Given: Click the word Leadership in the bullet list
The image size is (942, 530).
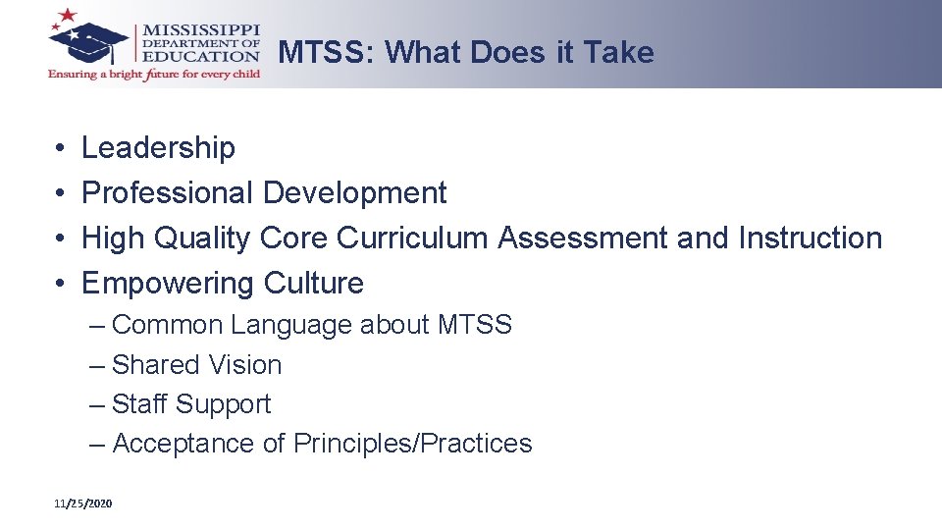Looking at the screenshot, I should click(x=158, y=148).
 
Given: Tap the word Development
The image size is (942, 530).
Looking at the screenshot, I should click(x=354, y=193).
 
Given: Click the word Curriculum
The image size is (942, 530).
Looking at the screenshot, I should click(x=413, y=238).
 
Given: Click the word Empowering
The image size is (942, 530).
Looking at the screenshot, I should click(x=154, y=284).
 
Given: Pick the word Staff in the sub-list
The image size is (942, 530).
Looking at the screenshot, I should click(x=138, y=404).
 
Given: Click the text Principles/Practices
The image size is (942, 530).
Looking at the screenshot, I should click(x=412, y=444).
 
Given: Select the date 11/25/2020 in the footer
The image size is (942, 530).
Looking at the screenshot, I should click(x=83, y=503).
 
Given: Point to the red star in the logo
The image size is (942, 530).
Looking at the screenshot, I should click(x=68, y=15).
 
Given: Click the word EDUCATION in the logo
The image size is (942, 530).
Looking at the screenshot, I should click(x=202, y=56).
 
